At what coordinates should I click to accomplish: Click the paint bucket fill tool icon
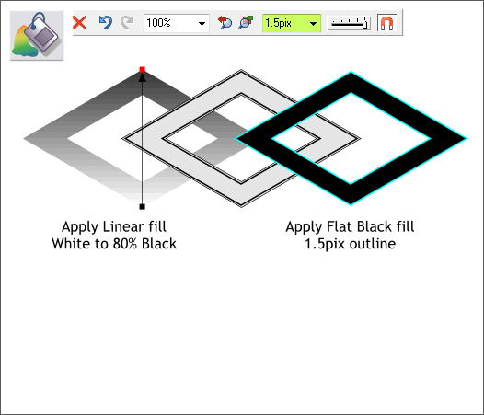click(x=37, y=35)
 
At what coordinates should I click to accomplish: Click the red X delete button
click(x=80, y=23)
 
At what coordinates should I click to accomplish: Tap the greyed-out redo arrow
click(x=127, y=22)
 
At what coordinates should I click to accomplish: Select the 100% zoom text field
click(x=170, y=23)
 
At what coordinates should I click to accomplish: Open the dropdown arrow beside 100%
click(x=202, y=24)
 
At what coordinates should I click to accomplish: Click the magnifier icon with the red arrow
click(x=225, y=22)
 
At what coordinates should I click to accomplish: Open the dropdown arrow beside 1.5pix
click(x=313, y=24)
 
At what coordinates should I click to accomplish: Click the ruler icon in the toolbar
click(x=349, y=23)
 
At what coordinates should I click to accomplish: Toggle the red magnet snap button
click(x=386, y=23)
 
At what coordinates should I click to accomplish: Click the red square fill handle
click(x=142, y=70)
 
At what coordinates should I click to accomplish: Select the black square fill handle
click(x=142, y=207)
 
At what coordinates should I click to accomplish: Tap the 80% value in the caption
click(x=125, y=244)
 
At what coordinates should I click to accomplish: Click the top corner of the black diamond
click(x=351, y=73)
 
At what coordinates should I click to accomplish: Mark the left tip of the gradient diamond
click(x=24, y=138)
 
